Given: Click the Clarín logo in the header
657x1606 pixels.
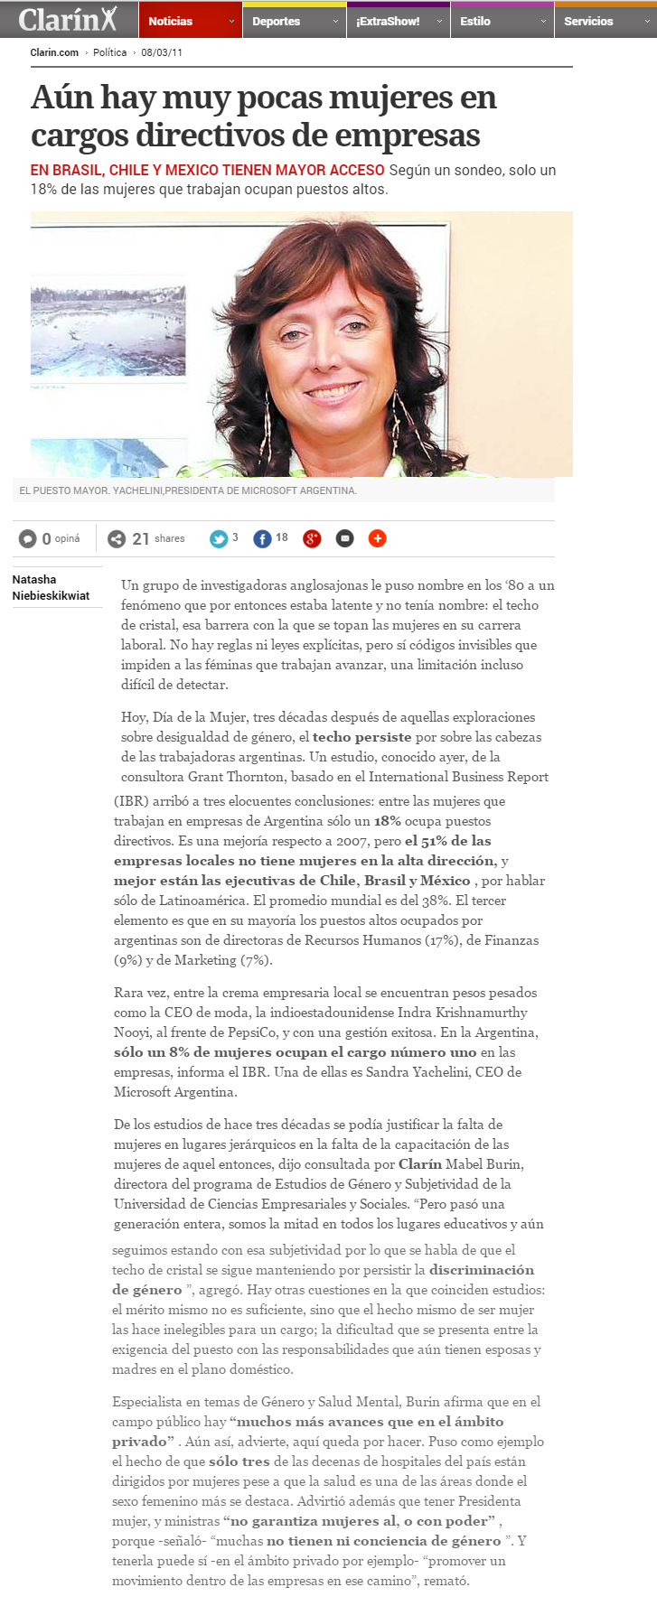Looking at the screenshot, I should coord(68,19).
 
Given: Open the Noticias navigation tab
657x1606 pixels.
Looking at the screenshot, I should coord(171,22).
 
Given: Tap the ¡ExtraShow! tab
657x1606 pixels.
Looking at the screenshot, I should coord(388,22).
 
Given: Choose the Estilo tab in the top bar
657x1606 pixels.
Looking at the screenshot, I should coord(475,22).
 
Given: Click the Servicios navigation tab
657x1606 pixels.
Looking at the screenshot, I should coord(588,22).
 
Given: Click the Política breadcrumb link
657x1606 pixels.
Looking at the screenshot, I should coord(110,52).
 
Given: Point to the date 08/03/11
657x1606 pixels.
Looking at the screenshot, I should coord(162,52).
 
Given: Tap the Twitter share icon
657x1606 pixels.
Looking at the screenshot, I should coord(219,539).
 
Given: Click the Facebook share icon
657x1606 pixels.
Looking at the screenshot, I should coord(262,539).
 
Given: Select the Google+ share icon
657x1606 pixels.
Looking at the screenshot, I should coord(312,539).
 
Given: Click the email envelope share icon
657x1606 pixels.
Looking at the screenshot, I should coord(344,539).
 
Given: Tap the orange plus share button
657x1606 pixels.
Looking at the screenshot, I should coord(378,539).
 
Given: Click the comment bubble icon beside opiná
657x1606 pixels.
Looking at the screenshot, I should coord(28,539).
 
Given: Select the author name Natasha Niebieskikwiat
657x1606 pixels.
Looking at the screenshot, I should coord(51,587).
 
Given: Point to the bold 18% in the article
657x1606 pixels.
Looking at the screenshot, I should coord(388,821).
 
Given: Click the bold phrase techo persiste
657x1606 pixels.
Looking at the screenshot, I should coord(361,737).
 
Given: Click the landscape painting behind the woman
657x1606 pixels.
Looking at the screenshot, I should coord(108,331).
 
